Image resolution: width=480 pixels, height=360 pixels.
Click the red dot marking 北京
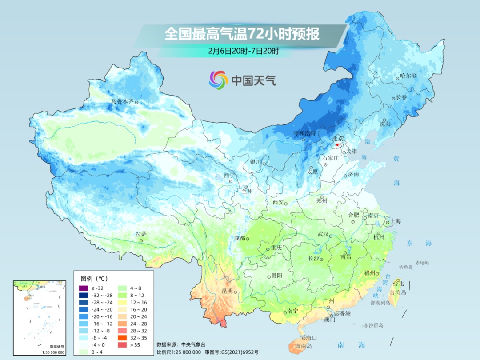(x=337, y=145)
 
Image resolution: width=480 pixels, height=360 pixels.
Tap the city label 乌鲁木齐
(x=122, y=102)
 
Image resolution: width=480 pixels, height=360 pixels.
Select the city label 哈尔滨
(x=408, y=76)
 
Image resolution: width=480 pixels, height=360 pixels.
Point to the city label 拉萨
(x=141, y=234)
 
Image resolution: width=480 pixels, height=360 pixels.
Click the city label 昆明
(x=227, y=291)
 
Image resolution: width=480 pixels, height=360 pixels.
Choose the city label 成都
(x=240, y=238)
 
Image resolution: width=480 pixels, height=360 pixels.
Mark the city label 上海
(x=395, y=221)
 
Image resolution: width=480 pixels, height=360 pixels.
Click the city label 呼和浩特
(x=305, y=133)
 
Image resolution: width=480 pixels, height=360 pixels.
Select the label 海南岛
(x=304, y=346)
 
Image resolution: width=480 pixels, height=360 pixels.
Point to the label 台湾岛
(x=398, y=292)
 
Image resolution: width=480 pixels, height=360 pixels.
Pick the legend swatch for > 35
(x=123, y=344)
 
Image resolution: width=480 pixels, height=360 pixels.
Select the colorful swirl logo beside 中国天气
(x=219, y=80)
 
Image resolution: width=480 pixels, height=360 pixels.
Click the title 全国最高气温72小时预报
(x=242, y=34)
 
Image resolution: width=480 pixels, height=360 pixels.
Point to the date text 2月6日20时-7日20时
(x=244, y=51)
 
